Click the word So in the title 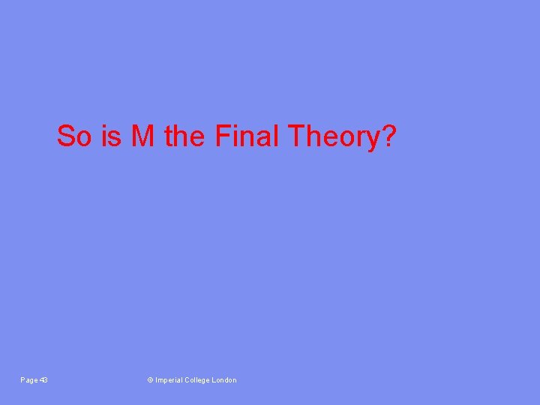72,136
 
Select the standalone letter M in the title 143,136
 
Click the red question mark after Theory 387,136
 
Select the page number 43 43,380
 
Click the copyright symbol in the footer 150,380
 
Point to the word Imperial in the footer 169,380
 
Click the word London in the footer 225,380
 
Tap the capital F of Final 221,136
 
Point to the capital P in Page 22,380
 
